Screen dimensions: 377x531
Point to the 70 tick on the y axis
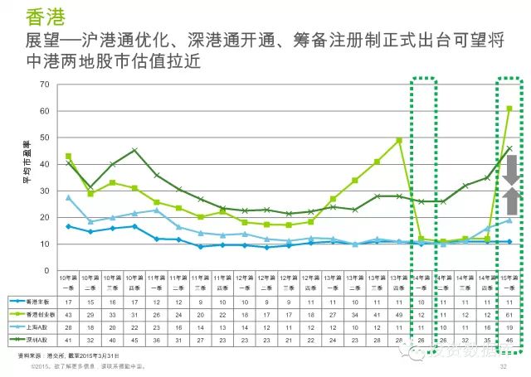tap(48, 85)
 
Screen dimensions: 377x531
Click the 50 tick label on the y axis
tap(48, 138)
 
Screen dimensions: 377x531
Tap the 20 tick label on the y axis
tap(48, 217)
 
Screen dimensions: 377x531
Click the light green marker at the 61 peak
tap(509, 109)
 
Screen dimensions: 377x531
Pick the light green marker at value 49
tap(399, 141)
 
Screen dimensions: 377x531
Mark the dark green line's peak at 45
tap(134, 151)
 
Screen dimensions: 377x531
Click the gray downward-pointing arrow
tap(511, 167)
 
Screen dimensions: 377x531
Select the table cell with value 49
tap(399, 316)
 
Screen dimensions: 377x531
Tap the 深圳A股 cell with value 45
tap(134, 341)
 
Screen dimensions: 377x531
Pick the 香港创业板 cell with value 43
tap(68, 316)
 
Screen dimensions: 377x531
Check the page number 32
tap(503, 365)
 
